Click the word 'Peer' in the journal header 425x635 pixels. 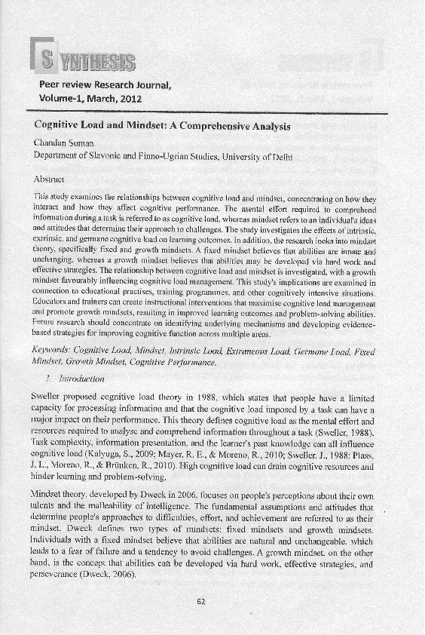pyautogui.click(x=53, y=84)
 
